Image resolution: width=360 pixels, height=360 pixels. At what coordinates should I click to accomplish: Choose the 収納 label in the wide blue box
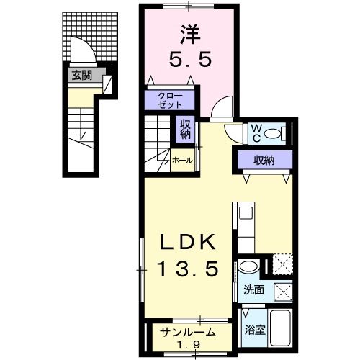[262, 160]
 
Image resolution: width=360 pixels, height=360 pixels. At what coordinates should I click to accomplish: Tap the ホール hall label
[182, 161]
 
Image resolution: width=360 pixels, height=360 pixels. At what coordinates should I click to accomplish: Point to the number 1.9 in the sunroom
[189, 344]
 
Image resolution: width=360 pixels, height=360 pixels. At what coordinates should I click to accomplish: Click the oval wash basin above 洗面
[248, 268]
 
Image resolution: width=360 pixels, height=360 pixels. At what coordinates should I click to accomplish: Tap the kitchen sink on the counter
[245, 214]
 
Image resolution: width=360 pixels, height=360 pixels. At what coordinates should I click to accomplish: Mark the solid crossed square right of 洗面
[284, 292]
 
